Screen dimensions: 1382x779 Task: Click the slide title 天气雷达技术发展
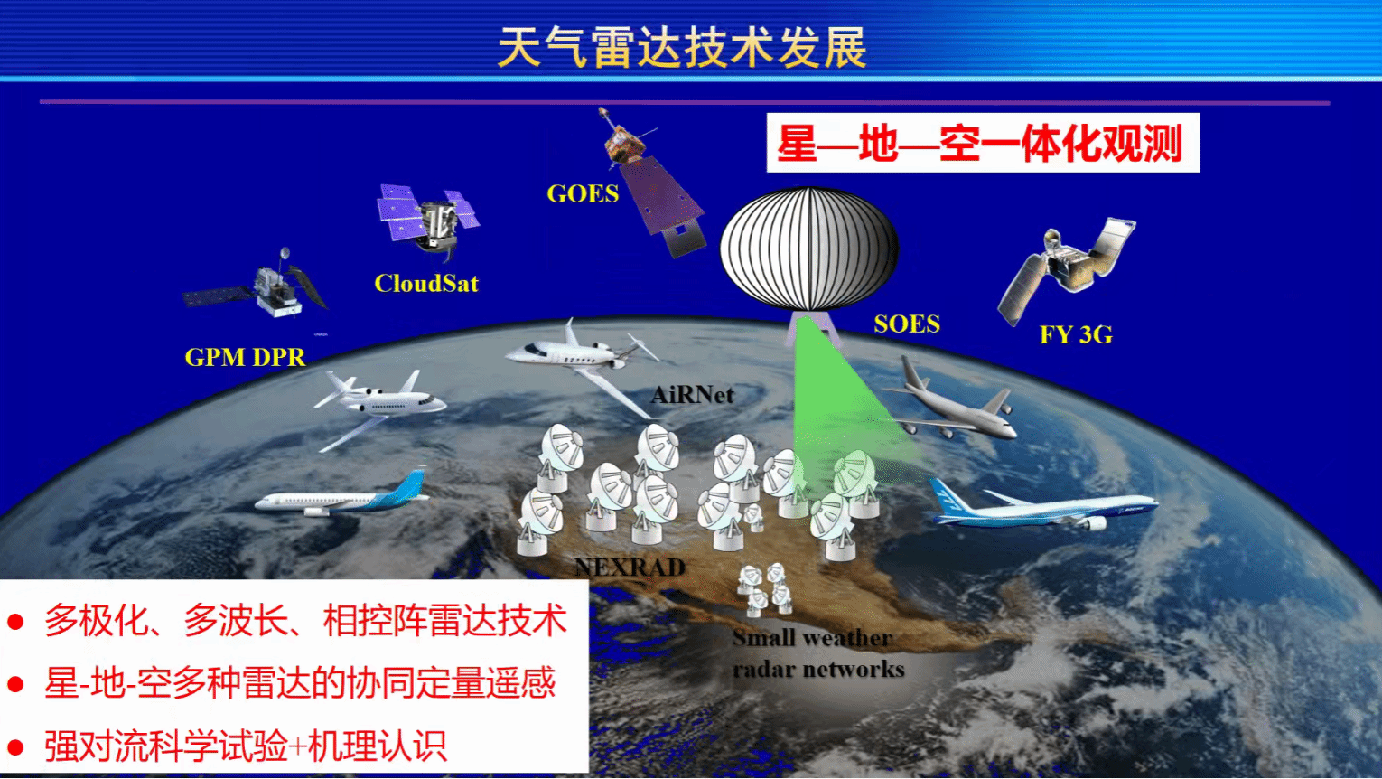(x=682, y=47)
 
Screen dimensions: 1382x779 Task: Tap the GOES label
(x=583, y=193)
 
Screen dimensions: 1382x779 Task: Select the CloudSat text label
(x=426, y=284)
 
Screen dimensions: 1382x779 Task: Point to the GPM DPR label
(x=245, y=357)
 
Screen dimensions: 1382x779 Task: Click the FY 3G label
(x=1076, y=334)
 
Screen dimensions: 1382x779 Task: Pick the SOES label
(x=907, y=324)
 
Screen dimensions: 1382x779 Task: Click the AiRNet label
(x=692, y=395)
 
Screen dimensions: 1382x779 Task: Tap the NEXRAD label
(x=630, y=568)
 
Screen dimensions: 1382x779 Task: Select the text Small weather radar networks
(x=818, y=653)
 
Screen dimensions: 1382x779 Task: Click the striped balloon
(x=808, y=249)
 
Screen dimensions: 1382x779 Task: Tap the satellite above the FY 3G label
(x=1066, y=270)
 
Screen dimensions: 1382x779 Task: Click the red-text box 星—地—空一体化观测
(x=983, y=143)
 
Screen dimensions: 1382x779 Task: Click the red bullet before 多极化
(x=15, y=622)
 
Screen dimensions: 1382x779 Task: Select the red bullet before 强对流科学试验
(x=15, y=747)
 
